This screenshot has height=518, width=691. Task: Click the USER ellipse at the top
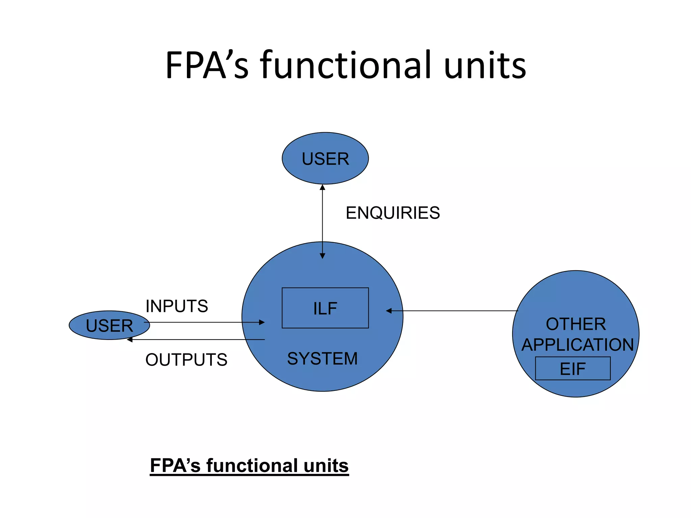(325, 159)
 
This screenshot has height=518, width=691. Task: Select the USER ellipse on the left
(109, 325)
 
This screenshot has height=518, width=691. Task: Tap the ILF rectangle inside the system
(325, 308)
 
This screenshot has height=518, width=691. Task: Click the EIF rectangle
(573, 368)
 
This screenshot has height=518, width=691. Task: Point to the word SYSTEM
(322, 358)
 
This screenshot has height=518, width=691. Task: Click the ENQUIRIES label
(393, 213)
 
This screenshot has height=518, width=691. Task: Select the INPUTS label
(176, 306)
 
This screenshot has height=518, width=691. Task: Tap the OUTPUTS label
(186, 359)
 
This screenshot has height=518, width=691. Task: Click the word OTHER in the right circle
(576, 324)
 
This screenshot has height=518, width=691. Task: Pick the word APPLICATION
(577, 345)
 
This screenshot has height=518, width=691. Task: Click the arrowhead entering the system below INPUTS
(262, 322)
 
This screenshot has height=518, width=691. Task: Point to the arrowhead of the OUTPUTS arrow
(130, 340)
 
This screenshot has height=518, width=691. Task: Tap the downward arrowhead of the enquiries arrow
(322, 256)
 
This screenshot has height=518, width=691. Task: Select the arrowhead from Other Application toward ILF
(389, 311)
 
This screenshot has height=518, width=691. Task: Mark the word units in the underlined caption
(326, 466)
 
